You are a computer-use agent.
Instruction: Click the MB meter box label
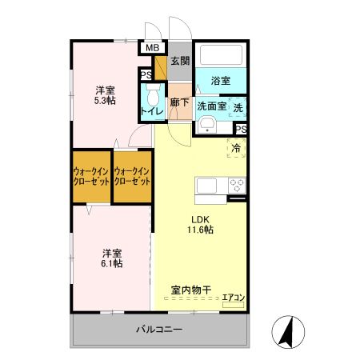pos(151,47)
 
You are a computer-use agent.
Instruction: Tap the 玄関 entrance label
pos(180,60)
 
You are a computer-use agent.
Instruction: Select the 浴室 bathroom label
pos(221,81)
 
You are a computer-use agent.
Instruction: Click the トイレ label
pos(152,111)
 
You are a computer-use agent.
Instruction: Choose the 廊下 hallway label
pos(180,103)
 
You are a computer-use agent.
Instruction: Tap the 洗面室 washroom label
pos(212,105)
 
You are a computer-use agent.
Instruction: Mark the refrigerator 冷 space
pos(237,148)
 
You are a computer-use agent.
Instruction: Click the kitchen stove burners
pos(237,184)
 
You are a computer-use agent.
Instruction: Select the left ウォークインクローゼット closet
pos(91,176)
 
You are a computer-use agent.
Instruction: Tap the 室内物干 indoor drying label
pos(191,290)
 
